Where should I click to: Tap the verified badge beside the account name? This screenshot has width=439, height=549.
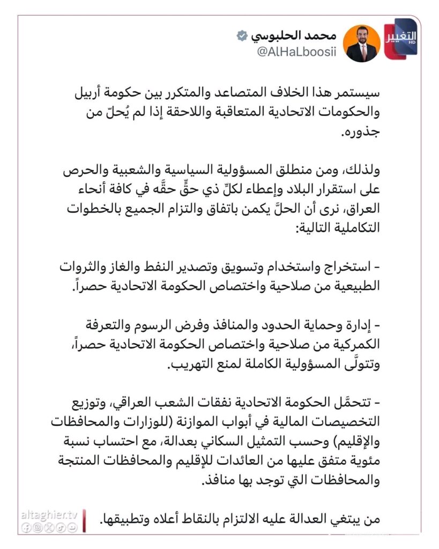pyautogui.click(x=242, y=36)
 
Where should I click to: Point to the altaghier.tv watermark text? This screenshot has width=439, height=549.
pyautogui.click(x=49, y=515)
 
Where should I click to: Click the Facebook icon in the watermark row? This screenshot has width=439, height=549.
pyautogui.click(x=25, y=528)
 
